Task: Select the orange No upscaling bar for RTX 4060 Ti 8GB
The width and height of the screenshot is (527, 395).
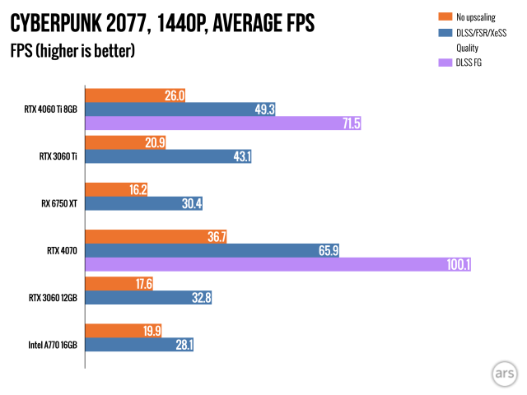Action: click(135, 95)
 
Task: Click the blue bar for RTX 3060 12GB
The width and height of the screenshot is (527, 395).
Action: click(148, 299)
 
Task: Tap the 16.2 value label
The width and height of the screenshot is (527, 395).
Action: click(138, 189)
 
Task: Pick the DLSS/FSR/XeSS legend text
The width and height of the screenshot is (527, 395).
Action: click(481, 32)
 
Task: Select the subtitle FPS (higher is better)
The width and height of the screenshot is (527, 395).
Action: click(72, 51)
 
